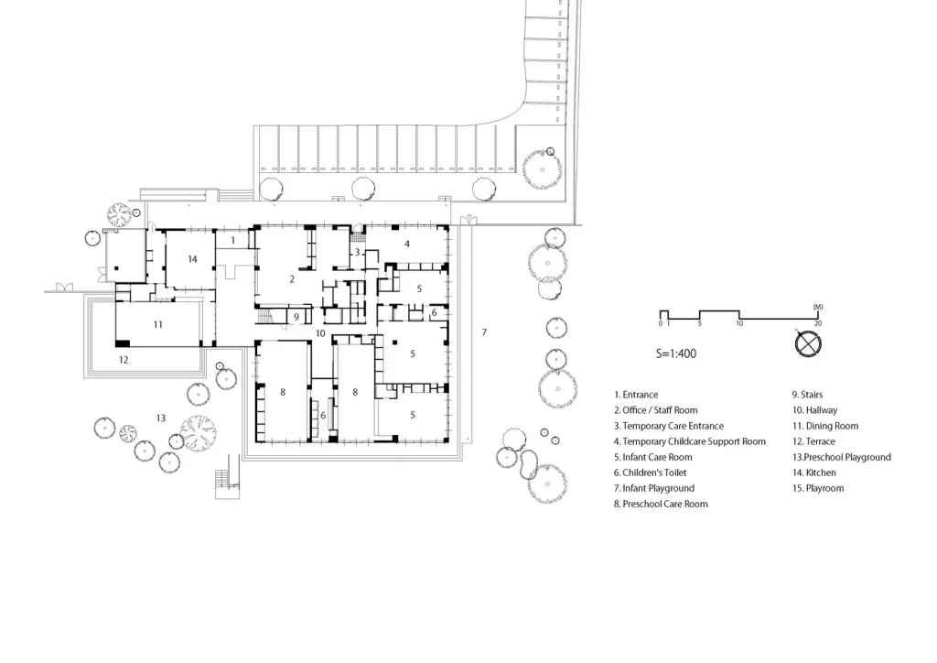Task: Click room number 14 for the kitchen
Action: coord(192,259)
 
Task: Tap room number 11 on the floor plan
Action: coord(157,324)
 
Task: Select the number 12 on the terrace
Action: coord(124,360)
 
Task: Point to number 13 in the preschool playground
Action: coord(161,418)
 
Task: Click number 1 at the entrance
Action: coord(233,240)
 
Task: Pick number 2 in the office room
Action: coord(292,279)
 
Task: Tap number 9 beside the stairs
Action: coord(296,317)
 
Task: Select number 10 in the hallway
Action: coord(320,333)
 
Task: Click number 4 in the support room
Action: coord(407,244)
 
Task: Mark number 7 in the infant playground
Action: coord(484,332)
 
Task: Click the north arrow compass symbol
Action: coord(807,344)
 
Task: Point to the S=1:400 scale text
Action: coord(676,353)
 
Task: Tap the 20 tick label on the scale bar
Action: coord(818,323)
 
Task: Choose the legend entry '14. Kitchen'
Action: coord(813,473)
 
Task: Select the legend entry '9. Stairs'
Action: coord(807,395)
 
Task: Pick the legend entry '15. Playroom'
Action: coord(818,488)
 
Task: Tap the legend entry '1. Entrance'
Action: coord(636,395)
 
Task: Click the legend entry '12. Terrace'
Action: coord(813,441)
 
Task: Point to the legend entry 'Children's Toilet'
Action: coord(654,473)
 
